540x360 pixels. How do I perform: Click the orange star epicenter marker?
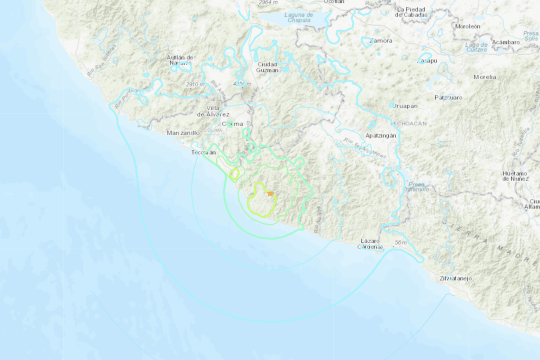(270, 193)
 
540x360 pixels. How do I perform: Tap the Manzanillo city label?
(183, 133)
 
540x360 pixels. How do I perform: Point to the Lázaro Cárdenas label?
(371, 244)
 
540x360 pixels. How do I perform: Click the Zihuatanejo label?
(455, 278)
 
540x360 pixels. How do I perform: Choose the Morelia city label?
(485, 77)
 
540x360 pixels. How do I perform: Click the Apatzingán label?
(379, 135)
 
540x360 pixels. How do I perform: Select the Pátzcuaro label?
(448, 97)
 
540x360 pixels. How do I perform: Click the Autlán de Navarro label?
(180, 60)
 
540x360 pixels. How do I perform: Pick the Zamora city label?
(381, 40)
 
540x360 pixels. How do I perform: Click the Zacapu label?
(426, 60)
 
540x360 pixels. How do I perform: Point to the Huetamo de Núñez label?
(515, 176)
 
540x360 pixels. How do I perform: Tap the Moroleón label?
(467, 26)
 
